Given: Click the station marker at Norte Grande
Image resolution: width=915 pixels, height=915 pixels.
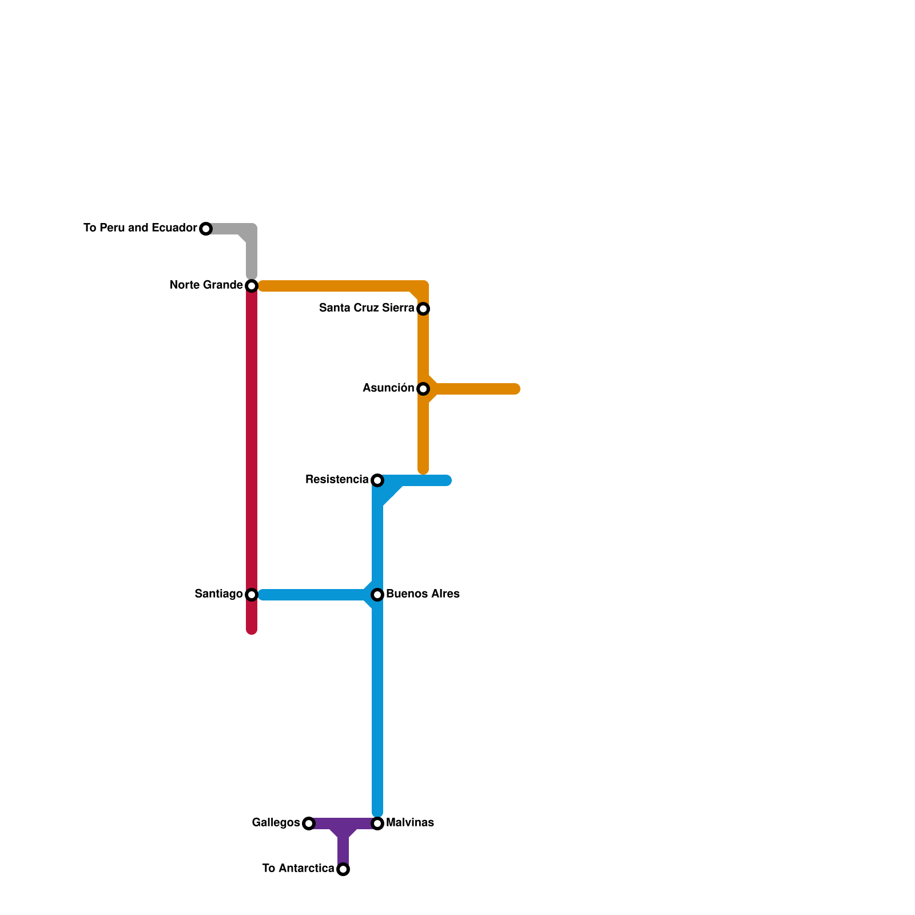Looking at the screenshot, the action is click(252, 285).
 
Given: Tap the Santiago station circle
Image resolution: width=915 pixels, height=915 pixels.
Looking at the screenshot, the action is click(252, 595).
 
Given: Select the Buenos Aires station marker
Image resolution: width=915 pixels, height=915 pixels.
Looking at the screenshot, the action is click(377, 595).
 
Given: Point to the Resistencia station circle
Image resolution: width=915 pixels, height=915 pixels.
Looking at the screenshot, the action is click(377, 480).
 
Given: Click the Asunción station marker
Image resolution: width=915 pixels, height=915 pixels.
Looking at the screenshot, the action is click(423, 389).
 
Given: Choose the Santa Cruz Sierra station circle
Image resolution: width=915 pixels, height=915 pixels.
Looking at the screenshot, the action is click(423, 309).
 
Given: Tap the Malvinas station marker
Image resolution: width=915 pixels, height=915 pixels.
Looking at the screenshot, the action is click(377, 823).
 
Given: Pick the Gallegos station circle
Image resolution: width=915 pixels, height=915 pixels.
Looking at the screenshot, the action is click(309, 823).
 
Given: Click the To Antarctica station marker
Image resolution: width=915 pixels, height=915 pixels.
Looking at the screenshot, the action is click(343, 869).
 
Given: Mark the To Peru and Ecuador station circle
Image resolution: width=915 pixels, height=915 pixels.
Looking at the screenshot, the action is click(206, 229).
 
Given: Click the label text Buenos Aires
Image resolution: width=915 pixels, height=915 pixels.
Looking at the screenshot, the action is click(423, 594).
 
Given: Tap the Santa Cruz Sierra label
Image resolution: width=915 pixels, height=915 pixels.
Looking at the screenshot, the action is click(367, 308).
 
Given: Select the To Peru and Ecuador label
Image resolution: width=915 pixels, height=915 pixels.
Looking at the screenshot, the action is click(140, 228).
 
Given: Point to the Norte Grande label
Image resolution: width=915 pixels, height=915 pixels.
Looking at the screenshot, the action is click(206, 285).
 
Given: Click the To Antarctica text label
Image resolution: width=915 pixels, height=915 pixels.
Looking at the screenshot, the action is click(298, 869).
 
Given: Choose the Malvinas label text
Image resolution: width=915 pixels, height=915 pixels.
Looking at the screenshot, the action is click(409, 823).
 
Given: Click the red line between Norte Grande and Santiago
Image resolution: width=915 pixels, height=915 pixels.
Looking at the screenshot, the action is click(252, 440).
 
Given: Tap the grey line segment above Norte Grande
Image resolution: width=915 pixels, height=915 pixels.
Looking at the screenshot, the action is click(252, 254).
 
